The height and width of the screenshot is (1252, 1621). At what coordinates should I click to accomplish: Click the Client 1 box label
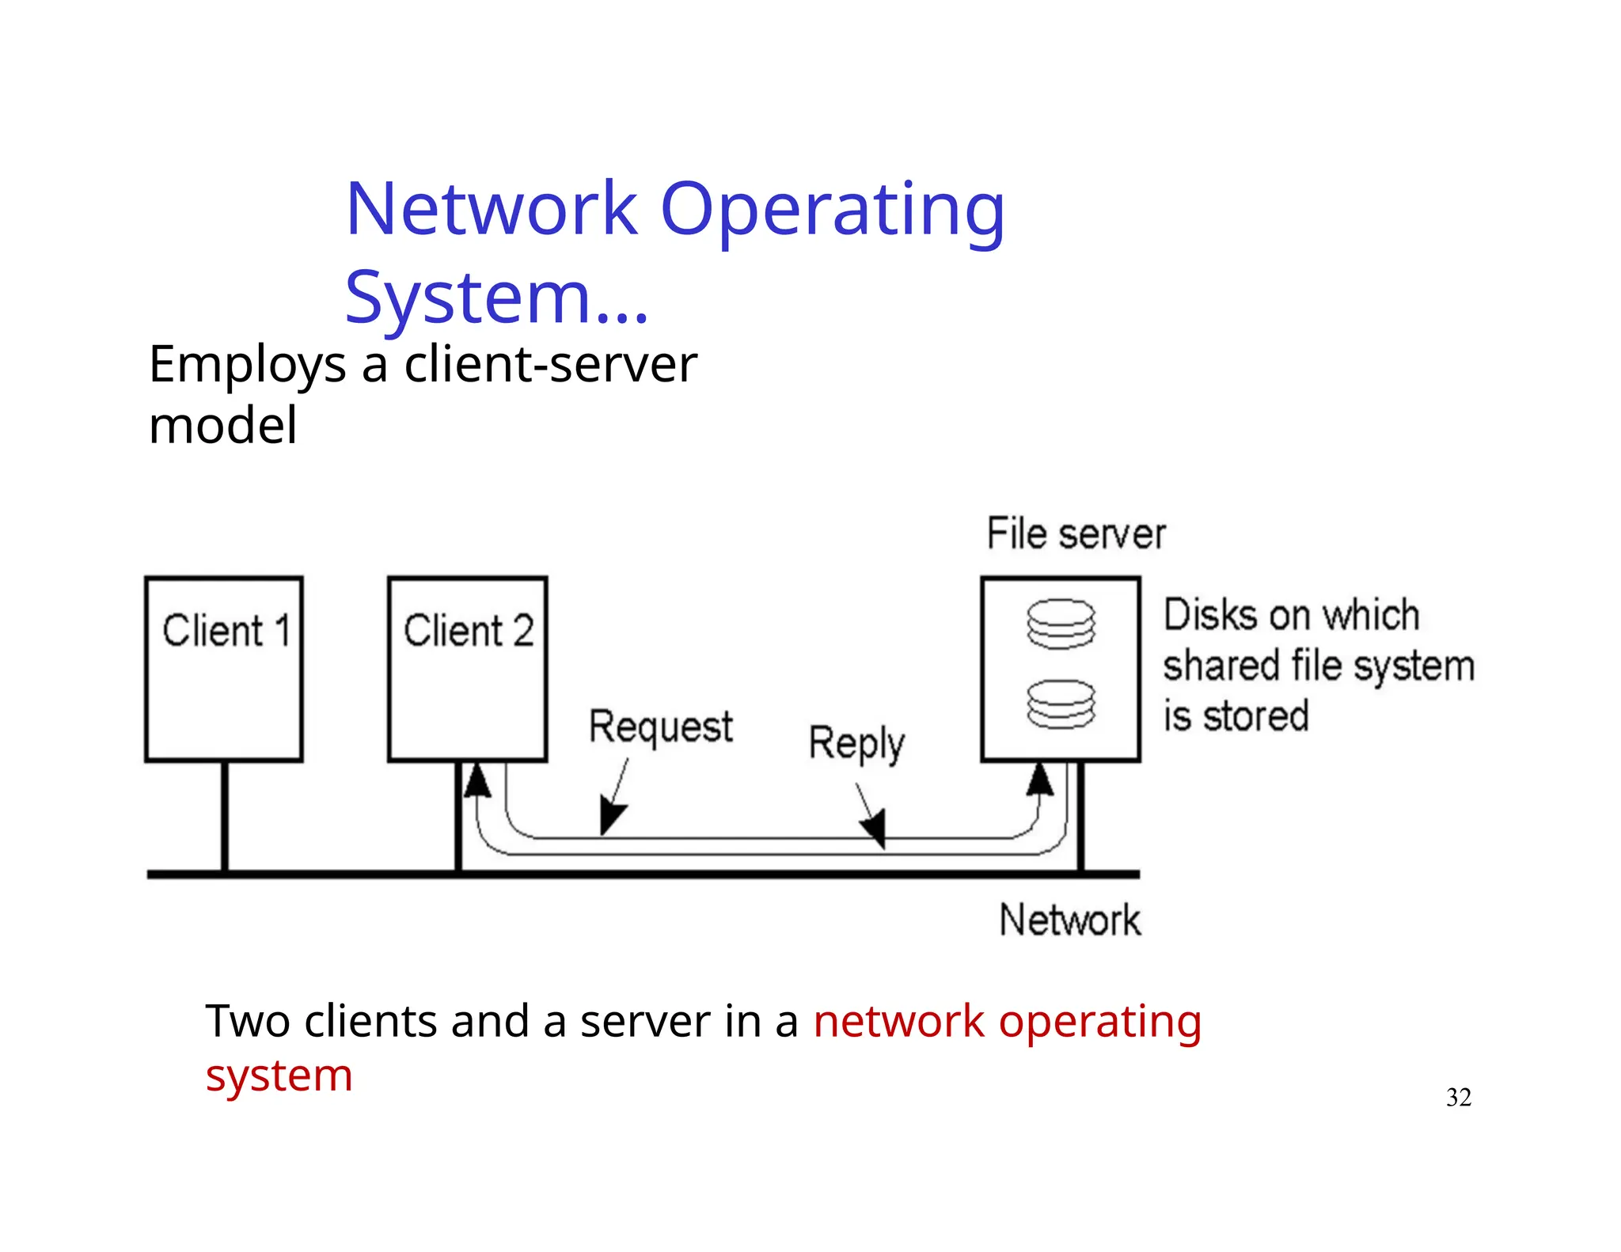tap(226, 631)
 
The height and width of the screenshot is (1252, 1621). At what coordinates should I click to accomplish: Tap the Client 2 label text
tap(469, 631)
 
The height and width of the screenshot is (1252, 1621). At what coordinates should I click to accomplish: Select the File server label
tap(1075, 534)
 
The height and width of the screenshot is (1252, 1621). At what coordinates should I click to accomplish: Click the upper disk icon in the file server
tap(1061, 624)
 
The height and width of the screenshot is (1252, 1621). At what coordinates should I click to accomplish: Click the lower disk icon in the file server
tap(1061, 704)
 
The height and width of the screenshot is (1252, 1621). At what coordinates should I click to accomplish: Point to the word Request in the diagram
tap(661, 727)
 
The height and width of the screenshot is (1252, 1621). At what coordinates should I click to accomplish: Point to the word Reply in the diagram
tap(856, 744)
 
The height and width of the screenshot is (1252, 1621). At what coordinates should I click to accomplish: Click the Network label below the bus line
tap(1069, 920)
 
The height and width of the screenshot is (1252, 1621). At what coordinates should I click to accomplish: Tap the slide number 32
tap(1458, 1097)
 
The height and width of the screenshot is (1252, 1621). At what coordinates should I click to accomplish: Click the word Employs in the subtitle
tap(247, 366)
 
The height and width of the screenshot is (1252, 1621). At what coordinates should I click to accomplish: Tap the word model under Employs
tap(223, 427)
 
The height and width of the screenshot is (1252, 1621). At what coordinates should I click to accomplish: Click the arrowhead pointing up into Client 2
tap(476, 780)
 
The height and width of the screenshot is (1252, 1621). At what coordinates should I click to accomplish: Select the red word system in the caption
tap(279, 1076)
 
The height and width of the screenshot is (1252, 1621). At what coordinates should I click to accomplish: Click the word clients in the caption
tap(370, 1021)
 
